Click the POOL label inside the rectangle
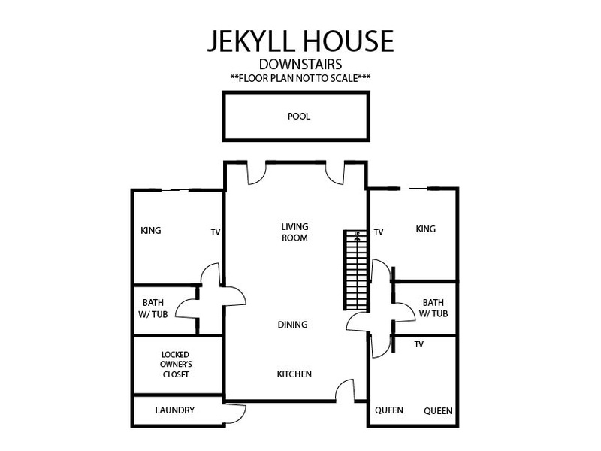click(298, 117)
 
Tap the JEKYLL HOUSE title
click(300, 41)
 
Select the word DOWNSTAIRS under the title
click(300, 64)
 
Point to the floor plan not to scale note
click(300, 78)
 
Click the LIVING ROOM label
click(294, 232)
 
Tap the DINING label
click(292, 325)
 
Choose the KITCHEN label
click(294, 374)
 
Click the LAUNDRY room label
click(175, 410)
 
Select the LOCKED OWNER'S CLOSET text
click(176, 365)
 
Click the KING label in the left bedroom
click(151, 231)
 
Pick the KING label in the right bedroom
click(426, 229)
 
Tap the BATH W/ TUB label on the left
click(153, 308)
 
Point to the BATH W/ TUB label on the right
click(433, 308)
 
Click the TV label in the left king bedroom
click(216, 232)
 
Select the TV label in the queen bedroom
click(419, 344)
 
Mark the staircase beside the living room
click(356, 270)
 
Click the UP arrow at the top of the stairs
click(358, 235)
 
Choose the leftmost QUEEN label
click(389, 410)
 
